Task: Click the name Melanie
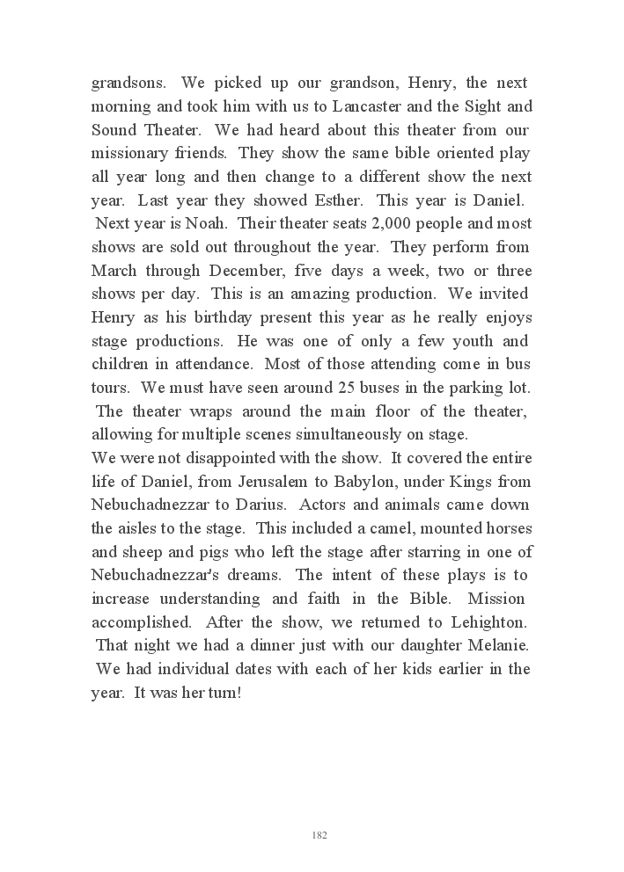(x=495, y=646)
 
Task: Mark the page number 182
(x=319, y=835)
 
